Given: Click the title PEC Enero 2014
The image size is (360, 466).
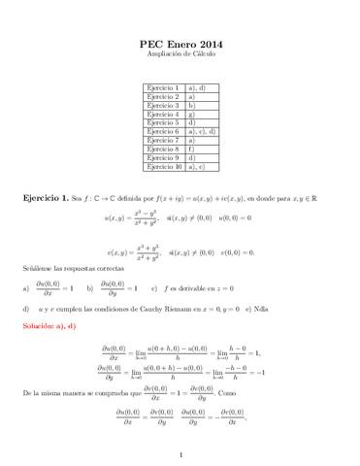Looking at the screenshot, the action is tap(181, 45).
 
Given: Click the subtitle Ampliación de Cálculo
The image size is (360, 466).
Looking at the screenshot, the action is tap(181, 56).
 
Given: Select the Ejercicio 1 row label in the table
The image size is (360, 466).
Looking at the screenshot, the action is tap(162, 88).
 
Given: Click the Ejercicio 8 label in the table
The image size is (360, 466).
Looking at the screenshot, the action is tap(162, 150).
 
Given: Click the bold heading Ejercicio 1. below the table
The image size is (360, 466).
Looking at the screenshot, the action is tap(46, 197).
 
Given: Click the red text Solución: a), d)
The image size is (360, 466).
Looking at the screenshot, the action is tap(49, 325).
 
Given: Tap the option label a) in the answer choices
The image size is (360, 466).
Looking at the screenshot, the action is tap(25, 288).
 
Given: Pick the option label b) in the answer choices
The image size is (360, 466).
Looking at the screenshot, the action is tap(90, 288).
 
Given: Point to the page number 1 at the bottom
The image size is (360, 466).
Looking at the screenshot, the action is tap(180, 453).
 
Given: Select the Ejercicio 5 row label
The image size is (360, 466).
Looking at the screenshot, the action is tap(162, 123).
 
